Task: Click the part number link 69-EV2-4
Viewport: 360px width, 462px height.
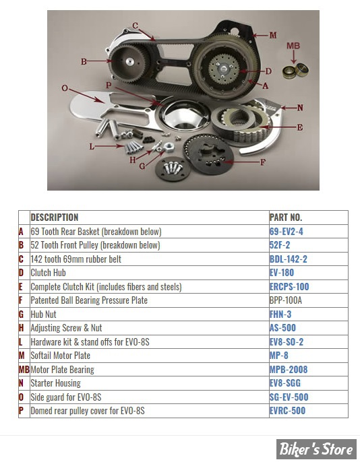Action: (x=286, y=232)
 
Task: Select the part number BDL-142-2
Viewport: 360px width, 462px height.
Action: (x=288, y=259)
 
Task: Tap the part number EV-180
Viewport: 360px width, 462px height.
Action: (x=282, y=273)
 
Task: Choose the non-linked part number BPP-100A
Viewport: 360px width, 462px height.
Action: (x=285, y=300)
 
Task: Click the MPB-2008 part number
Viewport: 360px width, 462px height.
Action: (x=289, y=370)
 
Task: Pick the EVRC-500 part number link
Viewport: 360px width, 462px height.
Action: (x=287, y=411)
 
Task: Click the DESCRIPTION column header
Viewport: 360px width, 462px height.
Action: (x=55, y=218)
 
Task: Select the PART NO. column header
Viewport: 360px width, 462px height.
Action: (x=286, y=218)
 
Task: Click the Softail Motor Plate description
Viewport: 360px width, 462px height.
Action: (x=61, y=356)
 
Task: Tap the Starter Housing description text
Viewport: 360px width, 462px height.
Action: (x=55, y=383)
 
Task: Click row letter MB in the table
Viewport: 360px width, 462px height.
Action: (x=24, y=370)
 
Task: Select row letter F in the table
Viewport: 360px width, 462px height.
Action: (x=20, y=300)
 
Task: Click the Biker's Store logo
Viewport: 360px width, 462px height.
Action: (x=316, y=449)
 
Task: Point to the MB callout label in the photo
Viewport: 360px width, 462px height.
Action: (x=293, y=46)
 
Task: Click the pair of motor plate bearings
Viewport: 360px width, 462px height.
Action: (x=295, y=71)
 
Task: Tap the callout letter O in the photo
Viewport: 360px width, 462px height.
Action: (x=65, y=88)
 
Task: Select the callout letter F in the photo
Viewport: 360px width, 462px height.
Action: (x=263, y=162)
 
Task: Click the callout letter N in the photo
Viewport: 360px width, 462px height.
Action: (x=300, y=108)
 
